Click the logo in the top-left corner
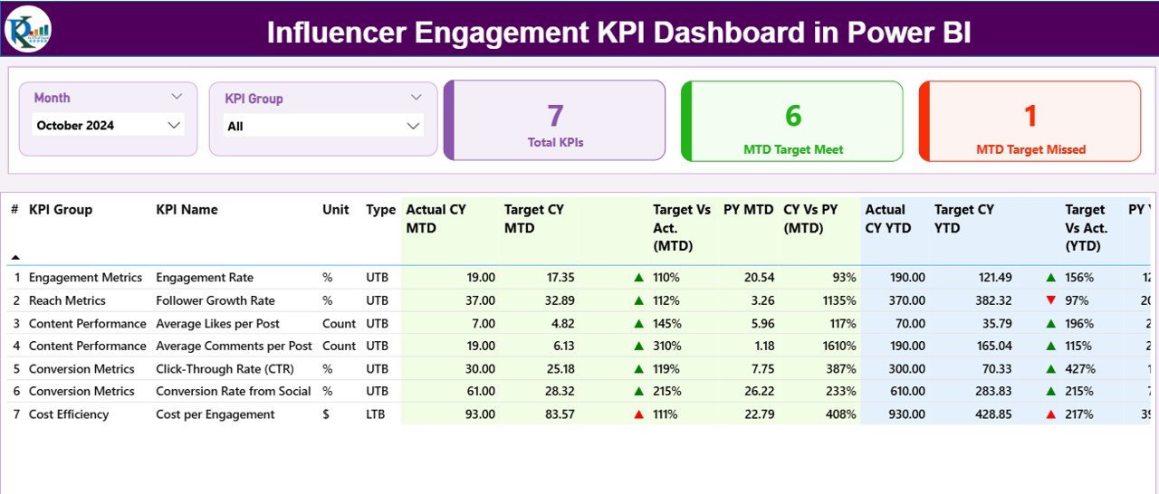click(x=28, y=29)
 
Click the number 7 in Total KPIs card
click(x=555, y=115)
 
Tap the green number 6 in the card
click(x=793, y=115)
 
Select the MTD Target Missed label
click(x=1030, y=149)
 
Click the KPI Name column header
click(x=187, y=210)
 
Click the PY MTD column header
click(x=748, y=210)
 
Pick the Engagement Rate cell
click(x=205, y=278)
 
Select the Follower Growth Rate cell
click(x=215, y=300)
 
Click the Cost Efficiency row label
click(x=69, y=414)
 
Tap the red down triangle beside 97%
click(x=1050, y=300)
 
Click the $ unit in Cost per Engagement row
click(x=326, y=414)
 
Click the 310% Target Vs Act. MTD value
click(x=666, y=346)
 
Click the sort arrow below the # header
click(x=15, y=257)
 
